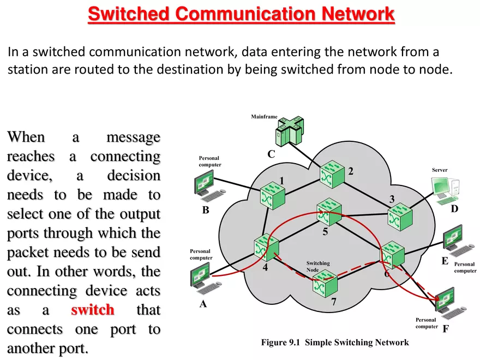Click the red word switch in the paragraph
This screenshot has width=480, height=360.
(x=92, y=310)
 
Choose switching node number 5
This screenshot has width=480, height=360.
(x=329, y=211)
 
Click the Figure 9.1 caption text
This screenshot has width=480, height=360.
(x=334, y=343)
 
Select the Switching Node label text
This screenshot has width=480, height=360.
(x=317, y=267)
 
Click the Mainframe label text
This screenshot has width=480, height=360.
(x=264, y=117)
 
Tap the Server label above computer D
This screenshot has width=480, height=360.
(x=439, y=170)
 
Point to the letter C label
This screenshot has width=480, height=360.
(x=271, y=154)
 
